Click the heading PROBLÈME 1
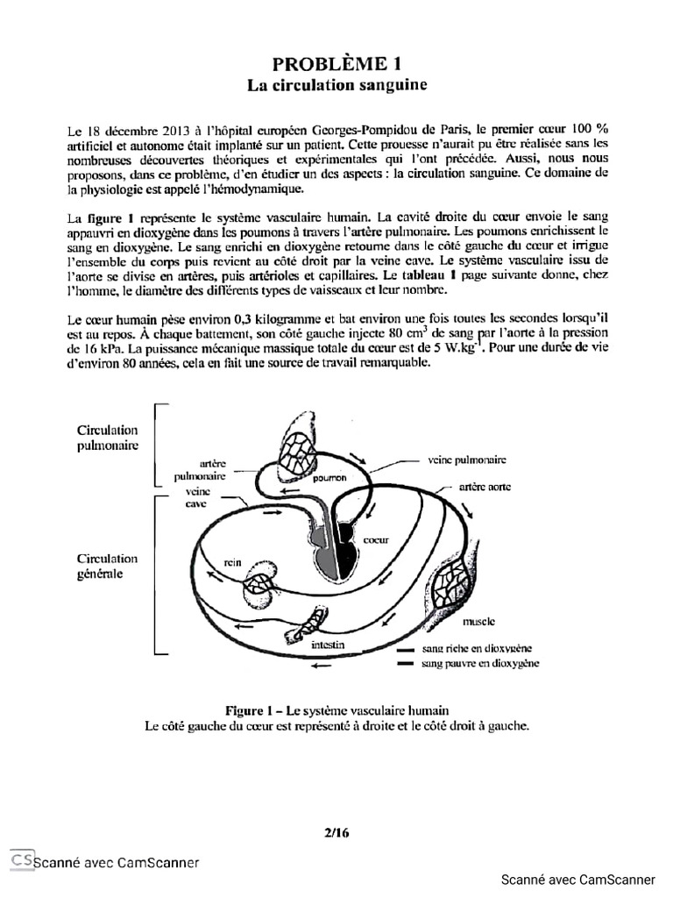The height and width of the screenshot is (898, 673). [336, 63]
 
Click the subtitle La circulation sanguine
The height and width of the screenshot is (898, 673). [336, 86]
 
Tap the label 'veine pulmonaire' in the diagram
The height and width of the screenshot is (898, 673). [466, 459]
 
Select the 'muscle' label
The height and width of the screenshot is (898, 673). [478, 621]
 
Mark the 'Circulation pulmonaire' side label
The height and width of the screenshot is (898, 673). [108, 438]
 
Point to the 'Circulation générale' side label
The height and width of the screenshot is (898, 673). [108, 566]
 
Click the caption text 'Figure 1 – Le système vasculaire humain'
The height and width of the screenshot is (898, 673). [336, 709]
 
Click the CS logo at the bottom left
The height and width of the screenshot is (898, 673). [22, 860]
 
